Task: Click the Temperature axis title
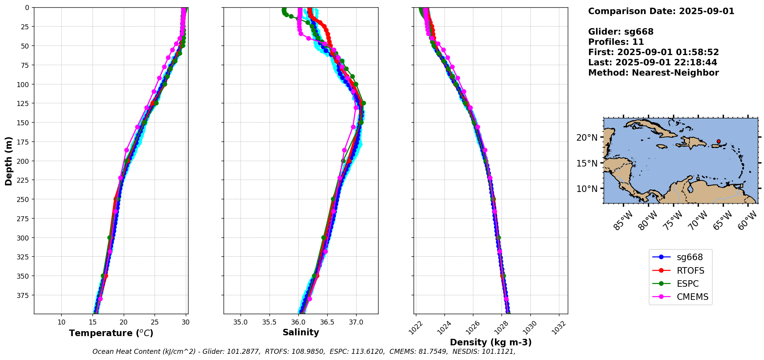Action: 111,333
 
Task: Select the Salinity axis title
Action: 301,332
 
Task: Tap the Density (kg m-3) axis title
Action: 491,342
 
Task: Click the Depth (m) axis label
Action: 8,161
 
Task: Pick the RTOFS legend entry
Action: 690,271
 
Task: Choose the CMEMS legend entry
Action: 692,297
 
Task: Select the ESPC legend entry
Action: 687,284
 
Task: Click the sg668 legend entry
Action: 690,257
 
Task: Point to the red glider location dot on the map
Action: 719,141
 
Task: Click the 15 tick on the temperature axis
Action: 93,322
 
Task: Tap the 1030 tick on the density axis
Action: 531,326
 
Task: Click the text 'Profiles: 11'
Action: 616,42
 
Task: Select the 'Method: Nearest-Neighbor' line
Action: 653,73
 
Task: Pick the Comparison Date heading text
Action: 661,11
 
